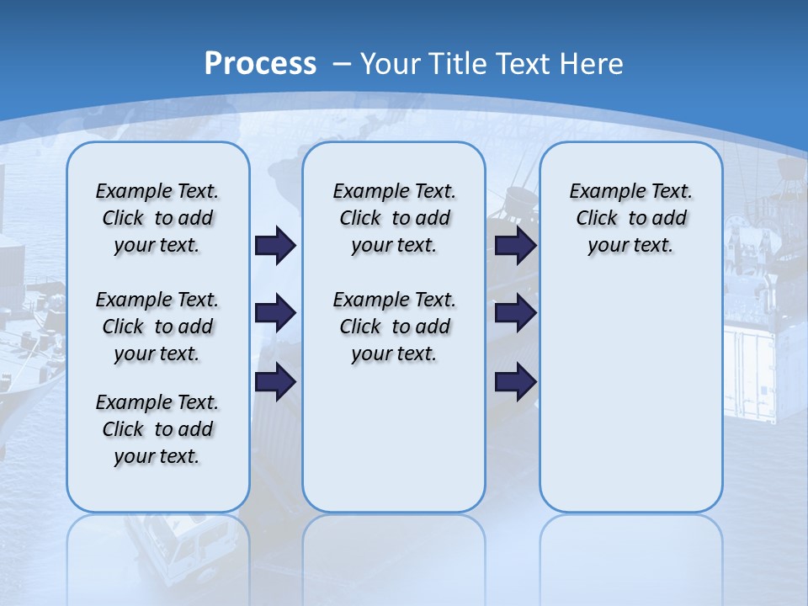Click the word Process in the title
coord(260,64)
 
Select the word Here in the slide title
coord(592,64)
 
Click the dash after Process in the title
coord(342,64)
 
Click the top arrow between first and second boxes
coord(275,246)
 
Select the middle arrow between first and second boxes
coord(275,314)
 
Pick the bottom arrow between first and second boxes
coord(275,381)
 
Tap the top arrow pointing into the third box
coord(516,246)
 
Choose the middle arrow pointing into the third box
coord(516,314)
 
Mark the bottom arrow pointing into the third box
coord(516,381)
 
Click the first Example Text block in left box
coord(157,218)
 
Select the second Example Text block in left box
coord(157,327)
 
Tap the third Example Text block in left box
coord(157,429)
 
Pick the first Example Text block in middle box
coord(394,218)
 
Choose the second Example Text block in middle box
coord(394,327)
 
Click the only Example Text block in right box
coord(630,218)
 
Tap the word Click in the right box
coord(597,218)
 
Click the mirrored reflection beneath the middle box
coord(394,555)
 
